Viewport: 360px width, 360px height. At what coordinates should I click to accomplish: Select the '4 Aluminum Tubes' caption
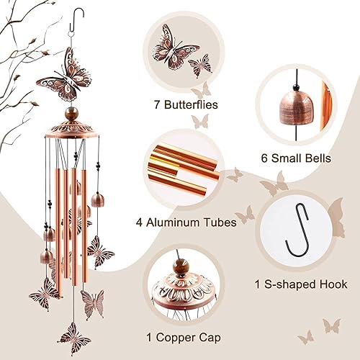point(191,222)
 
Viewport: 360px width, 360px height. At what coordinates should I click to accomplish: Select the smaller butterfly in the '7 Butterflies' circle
point(199,68)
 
